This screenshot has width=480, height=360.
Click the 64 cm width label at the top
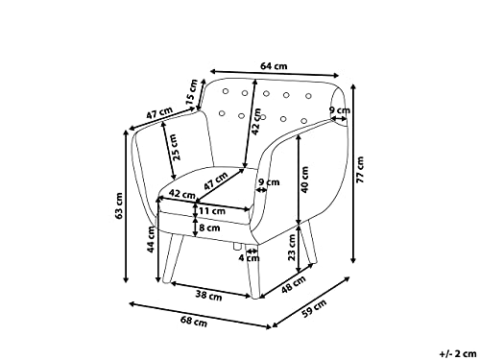click(274, 66)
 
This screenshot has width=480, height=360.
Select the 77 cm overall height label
click(361, 170)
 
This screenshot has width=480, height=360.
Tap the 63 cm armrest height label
click(119, 206)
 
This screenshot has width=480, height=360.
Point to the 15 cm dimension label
click(193, 93)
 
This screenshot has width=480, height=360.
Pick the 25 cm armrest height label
click(176, 148)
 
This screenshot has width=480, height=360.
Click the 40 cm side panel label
click(304, 180)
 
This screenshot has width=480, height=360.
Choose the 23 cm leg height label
click(292, 248)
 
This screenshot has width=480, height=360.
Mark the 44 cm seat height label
click(151, 239)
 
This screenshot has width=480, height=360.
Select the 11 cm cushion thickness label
click(212, 211)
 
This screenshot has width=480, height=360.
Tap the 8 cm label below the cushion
click(209, 228)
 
